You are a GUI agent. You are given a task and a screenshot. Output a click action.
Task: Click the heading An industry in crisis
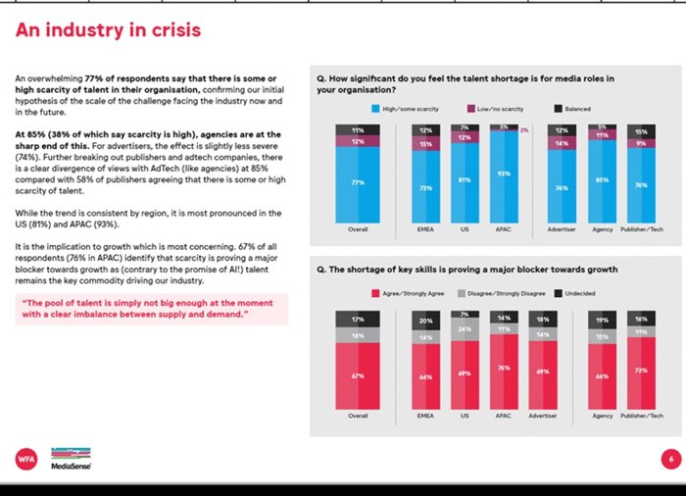coord(108,30)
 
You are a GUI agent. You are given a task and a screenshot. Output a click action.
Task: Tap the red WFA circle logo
coord(26,457)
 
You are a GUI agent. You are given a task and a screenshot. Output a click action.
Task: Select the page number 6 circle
coord(670,457)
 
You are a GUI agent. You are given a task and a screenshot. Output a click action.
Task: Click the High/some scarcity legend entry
coord(404,109)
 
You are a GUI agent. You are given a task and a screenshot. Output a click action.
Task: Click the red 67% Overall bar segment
coord(358,374)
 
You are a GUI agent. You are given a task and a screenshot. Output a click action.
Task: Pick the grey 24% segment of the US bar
coord(464,328)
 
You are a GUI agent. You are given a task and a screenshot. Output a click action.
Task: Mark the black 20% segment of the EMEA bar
coord(424,321)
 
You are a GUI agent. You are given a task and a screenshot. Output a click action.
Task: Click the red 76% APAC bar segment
coord(503,369)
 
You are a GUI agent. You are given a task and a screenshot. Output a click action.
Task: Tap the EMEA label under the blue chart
coord(424,230)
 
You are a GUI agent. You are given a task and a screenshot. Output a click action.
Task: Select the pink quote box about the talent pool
coord(151,308)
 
